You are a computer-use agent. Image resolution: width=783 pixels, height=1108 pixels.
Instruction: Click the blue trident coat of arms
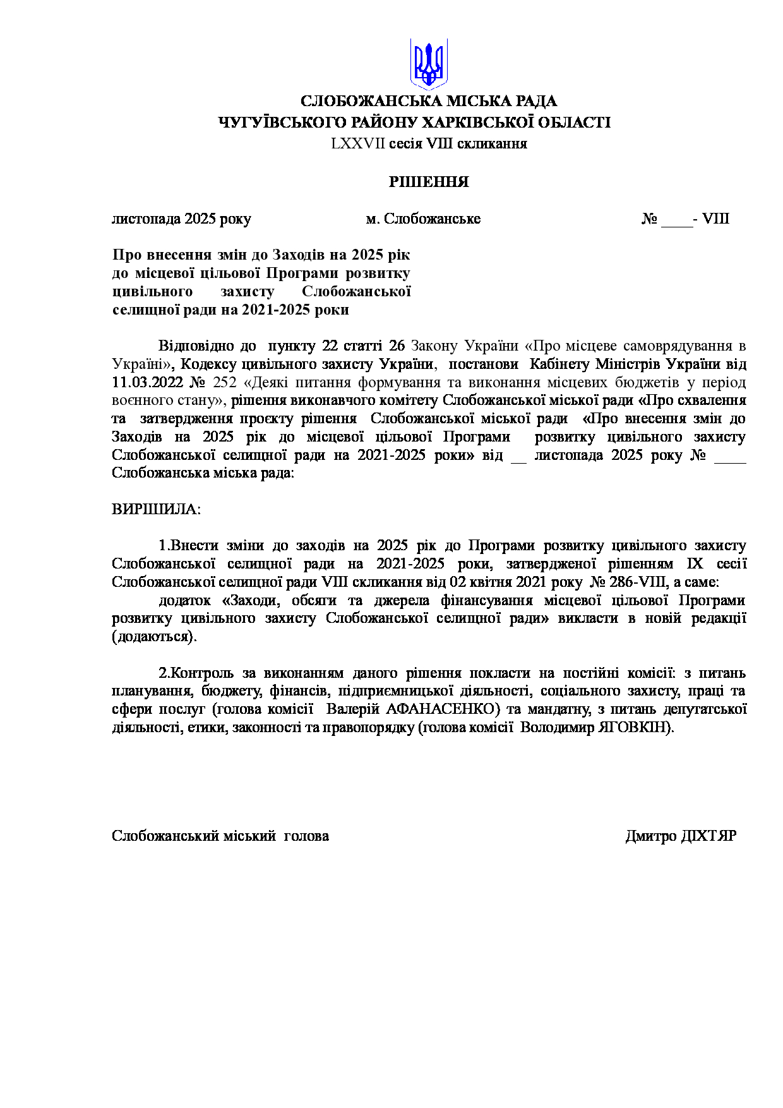tap(429, 63)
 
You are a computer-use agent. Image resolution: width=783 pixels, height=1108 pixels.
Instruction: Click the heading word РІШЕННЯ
tap(429, 183)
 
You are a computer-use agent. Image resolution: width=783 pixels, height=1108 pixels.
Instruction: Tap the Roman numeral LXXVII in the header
tap(357, 143)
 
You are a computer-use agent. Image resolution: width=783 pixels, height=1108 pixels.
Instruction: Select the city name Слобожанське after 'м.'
tap(432, 219)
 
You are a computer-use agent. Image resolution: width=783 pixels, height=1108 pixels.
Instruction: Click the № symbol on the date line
tap(649, 219)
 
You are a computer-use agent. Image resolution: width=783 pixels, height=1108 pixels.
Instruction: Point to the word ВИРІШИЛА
tap(156, 509)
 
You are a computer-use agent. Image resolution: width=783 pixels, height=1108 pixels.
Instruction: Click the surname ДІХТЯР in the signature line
tap(708, 836)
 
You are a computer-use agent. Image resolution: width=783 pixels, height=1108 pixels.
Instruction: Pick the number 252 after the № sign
tap(225, 383)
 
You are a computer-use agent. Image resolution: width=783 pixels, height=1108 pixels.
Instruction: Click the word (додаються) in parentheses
tap(154, 637)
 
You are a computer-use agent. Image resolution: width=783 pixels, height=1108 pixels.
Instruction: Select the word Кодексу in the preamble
tap(208, 364)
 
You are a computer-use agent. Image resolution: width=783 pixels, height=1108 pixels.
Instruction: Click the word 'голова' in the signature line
tap(306, 836)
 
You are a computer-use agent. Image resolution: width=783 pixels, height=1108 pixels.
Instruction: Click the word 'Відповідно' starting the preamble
tap(196, 346)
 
